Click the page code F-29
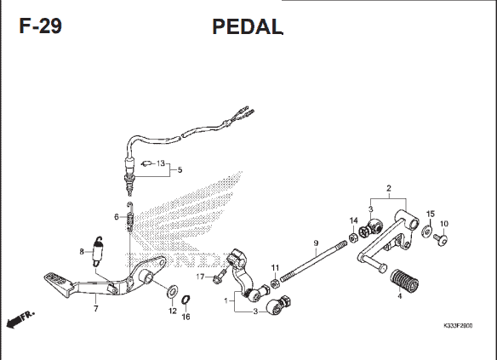coord(40,26)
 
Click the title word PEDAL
coord(248,26)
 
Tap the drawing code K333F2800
coord(458,325)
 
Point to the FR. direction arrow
coord(20,319)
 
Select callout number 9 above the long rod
coord(316,243)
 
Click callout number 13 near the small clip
coord(161,163)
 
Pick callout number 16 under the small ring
coord(186,317)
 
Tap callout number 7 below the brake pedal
coord(96,308)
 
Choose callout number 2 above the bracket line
coord(389,188)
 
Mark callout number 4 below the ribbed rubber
coord(400,296)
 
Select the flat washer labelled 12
coord(173,291)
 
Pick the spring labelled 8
coord(99,251)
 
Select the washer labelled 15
coord(427,231)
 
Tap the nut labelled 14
coord(353,237)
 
